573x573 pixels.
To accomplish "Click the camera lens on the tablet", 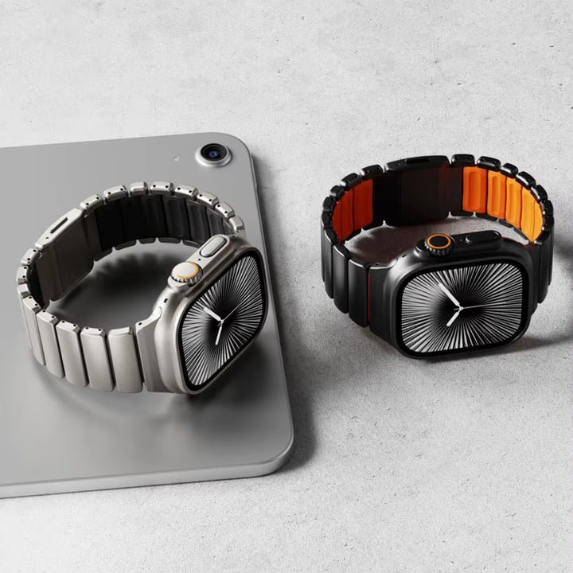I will click(x=213, y=153).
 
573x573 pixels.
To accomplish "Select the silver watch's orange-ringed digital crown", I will click(x=185, y=272).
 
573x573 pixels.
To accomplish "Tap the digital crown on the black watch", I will click(x=438, y=244).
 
